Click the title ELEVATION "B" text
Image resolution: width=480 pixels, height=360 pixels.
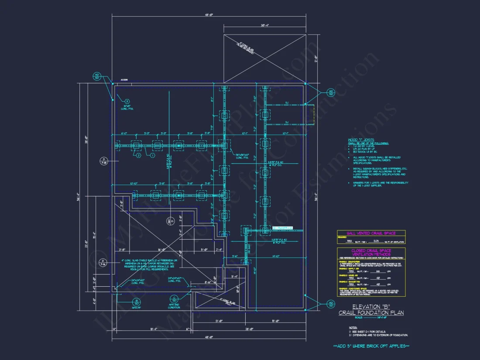pyautogui.click(x=371, y=307)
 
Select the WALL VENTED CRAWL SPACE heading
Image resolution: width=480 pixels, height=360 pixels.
pyautogui.click(x=371, y=233)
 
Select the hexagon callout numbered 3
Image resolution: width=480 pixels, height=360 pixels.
pyautogui.click(x=127, y=101)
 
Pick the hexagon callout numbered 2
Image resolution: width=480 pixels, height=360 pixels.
pyautogui.click(x=138, y=155)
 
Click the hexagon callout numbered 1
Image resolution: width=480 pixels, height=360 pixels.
pyautogui.click(x=153, y=155)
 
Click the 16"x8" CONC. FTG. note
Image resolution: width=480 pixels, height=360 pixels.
pyautogui.click(x=128, y=107)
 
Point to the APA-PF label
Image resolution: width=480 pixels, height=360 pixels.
pyautogui.click(x=136, y=308)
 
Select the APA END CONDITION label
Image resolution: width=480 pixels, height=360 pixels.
pyautogui.click(x=174, y=306)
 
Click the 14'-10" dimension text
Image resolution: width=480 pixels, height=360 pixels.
pyautogui.click(x=275, y=257)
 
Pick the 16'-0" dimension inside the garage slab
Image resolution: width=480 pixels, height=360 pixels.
pyautogui.click(x=161, y=250)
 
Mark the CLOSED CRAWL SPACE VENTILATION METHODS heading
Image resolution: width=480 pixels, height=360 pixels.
pyautogui.click(x=371, y=253)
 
